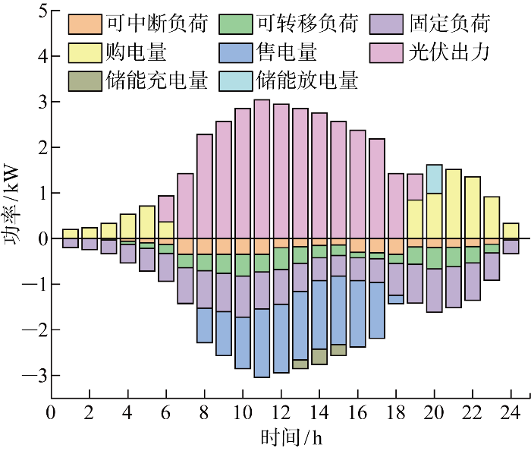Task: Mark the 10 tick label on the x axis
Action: coord(242,413)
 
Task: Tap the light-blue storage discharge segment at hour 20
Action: coord(434,178)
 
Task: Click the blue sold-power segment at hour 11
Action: coord(262,342)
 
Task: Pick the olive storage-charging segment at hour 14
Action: coord(319,356)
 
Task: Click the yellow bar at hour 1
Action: coord(70,233)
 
